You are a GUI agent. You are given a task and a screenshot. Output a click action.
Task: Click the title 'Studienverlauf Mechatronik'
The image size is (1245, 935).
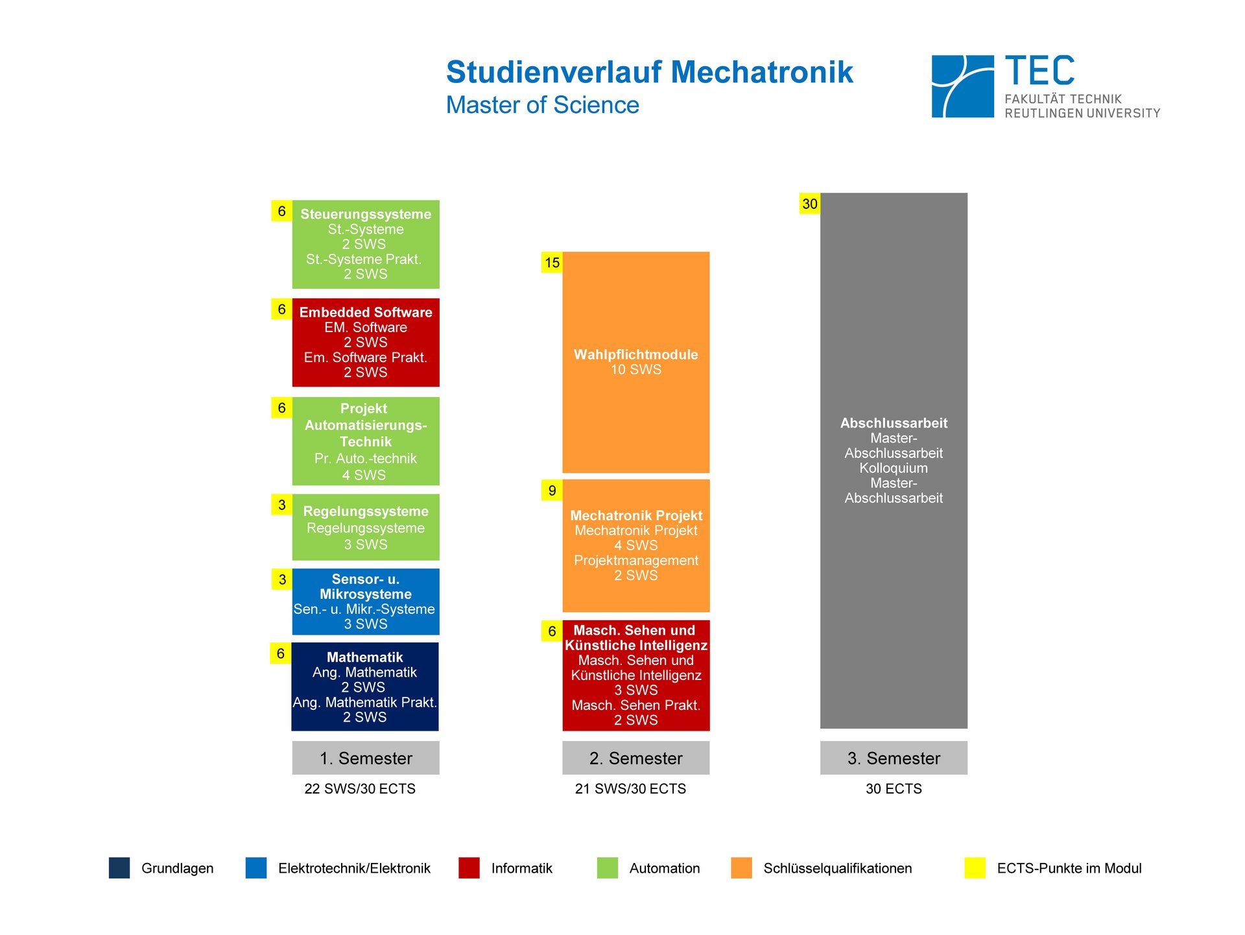tap(649, 72)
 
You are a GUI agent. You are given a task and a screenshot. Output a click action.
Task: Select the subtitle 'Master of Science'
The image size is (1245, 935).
tap(542, 105)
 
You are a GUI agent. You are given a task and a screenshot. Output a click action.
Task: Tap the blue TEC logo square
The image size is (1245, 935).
tap(962, 86)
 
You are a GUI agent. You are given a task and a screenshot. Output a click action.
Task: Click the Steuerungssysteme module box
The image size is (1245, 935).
tap(366, 244)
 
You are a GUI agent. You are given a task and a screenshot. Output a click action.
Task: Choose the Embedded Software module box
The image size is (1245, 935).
tap(366, 342)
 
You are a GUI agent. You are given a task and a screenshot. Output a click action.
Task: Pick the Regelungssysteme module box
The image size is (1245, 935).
tap(366, 527)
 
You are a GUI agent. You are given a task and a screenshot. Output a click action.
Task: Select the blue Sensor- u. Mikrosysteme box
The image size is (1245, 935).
tap(366, 601)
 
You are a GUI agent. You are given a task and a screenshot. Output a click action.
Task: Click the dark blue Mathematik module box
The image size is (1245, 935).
tap(365, 686)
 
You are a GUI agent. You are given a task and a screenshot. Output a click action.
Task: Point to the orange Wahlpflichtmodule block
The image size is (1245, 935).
tap(635, 362)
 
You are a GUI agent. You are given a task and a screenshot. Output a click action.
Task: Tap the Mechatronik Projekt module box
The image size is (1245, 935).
tap(635, 545)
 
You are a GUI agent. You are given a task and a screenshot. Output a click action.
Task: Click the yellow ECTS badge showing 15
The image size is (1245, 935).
tap(552, 263)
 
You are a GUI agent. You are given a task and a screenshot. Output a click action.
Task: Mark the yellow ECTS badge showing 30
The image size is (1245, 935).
tap(810, 204)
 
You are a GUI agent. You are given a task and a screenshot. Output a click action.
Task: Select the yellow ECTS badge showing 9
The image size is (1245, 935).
tap(552, 491)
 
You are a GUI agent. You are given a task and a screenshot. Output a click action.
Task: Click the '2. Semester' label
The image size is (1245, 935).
tap(635, 758)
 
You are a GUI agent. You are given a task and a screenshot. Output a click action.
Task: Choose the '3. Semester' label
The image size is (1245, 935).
tap(894, 758)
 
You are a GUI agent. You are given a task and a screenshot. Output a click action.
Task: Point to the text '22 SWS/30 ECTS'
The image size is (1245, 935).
tap(360, 789)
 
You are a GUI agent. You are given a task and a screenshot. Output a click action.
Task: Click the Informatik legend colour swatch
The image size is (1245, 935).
tap(469, 868)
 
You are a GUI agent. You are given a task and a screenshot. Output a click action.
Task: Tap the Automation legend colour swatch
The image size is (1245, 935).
tap(608, 868)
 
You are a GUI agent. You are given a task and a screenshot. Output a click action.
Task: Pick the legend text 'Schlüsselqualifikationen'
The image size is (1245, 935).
tap(837, 868)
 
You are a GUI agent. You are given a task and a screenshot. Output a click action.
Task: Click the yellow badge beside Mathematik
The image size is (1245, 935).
tap(280, 653)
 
